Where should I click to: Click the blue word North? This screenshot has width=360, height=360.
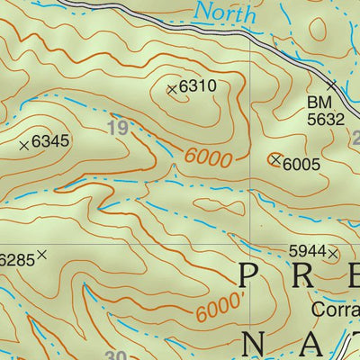(x=226, y=13)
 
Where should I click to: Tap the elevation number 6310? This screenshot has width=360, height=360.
(x=199, y=88)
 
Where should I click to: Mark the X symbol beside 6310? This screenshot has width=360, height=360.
(x=172, y=88)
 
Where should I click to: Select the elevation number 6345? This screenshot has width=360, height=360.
(x=50, y=142)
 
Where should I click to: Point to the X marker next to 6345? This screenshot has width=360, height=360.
(x=24, y=143)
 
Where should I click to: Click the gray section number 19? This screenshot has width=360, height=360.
(x=117, y=128)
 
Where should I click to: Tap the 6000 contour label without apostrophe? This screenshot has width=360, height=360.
(x=209, y=157)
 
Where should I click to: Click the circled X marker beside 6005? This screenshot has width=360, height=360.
(x=274, y=159)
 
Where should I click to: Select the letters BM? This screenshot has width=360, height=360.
(x=318, y=102)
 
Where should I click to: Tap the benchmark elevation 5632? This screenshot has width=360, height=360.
(x=325, y=118)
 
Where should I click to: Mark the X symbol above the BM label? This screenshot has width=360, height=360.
(x=331, y=85)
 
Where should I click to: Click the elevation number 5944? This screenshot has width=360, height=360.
(x=306, y=252)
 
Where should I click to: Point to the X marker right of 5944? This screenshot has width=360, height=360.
(x=333, y=254)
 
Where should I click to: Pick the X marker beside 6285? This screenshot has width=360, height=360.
(x=41, y=256)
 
